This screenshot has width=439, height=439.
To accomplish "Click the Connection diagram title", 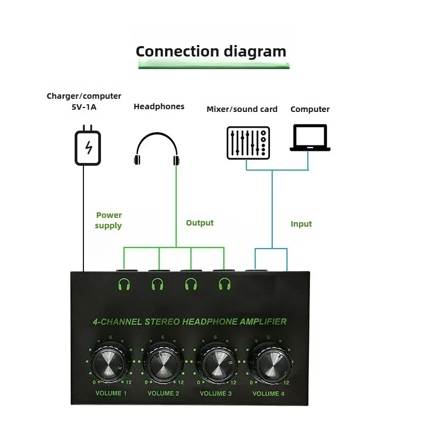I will pos(211,52).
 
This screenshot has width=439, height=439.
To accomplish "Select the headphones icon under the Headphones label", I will pos(157,150).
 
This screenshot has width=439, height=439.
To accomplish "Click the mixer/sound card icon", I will pos(248,143).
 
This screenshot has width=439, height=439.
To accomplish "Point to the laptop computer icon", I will pos(309,138).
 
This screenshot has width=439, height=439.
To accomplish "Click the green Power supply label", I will pos(109,220).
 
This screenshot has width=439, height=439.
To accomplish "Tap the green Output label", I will pos(200,223).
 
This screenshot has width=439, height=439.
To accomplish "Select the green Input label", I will pos(301,224).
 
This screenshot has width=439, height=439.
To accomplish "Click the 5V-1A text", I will pos(84,107).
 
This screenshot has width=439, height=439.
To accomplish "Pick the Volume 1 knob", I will pos(111,365).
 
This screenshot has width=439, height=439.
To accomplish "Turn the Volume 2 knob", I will pos(163,365).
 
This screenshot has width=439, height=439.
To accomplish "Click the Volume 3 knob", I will pos(216,365).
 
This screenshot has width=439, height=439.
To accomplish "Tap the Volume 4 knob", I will pos(268,365).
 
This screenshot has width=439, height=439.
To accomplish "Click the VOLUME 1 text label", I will pos(111,393).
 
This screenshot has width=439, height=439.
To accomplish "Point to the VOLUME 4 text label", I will pos(269,393).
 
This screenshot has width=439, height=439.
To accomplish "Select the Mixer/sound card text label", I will pos(242,109).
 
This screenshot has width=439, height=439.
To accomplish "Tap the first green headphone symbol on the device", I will pos(125,284).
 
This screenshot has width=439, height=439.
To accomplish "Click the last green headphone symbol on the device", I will pos(224,284).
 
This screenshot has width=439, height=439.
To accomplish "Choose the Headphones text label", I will pos(159,106).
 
